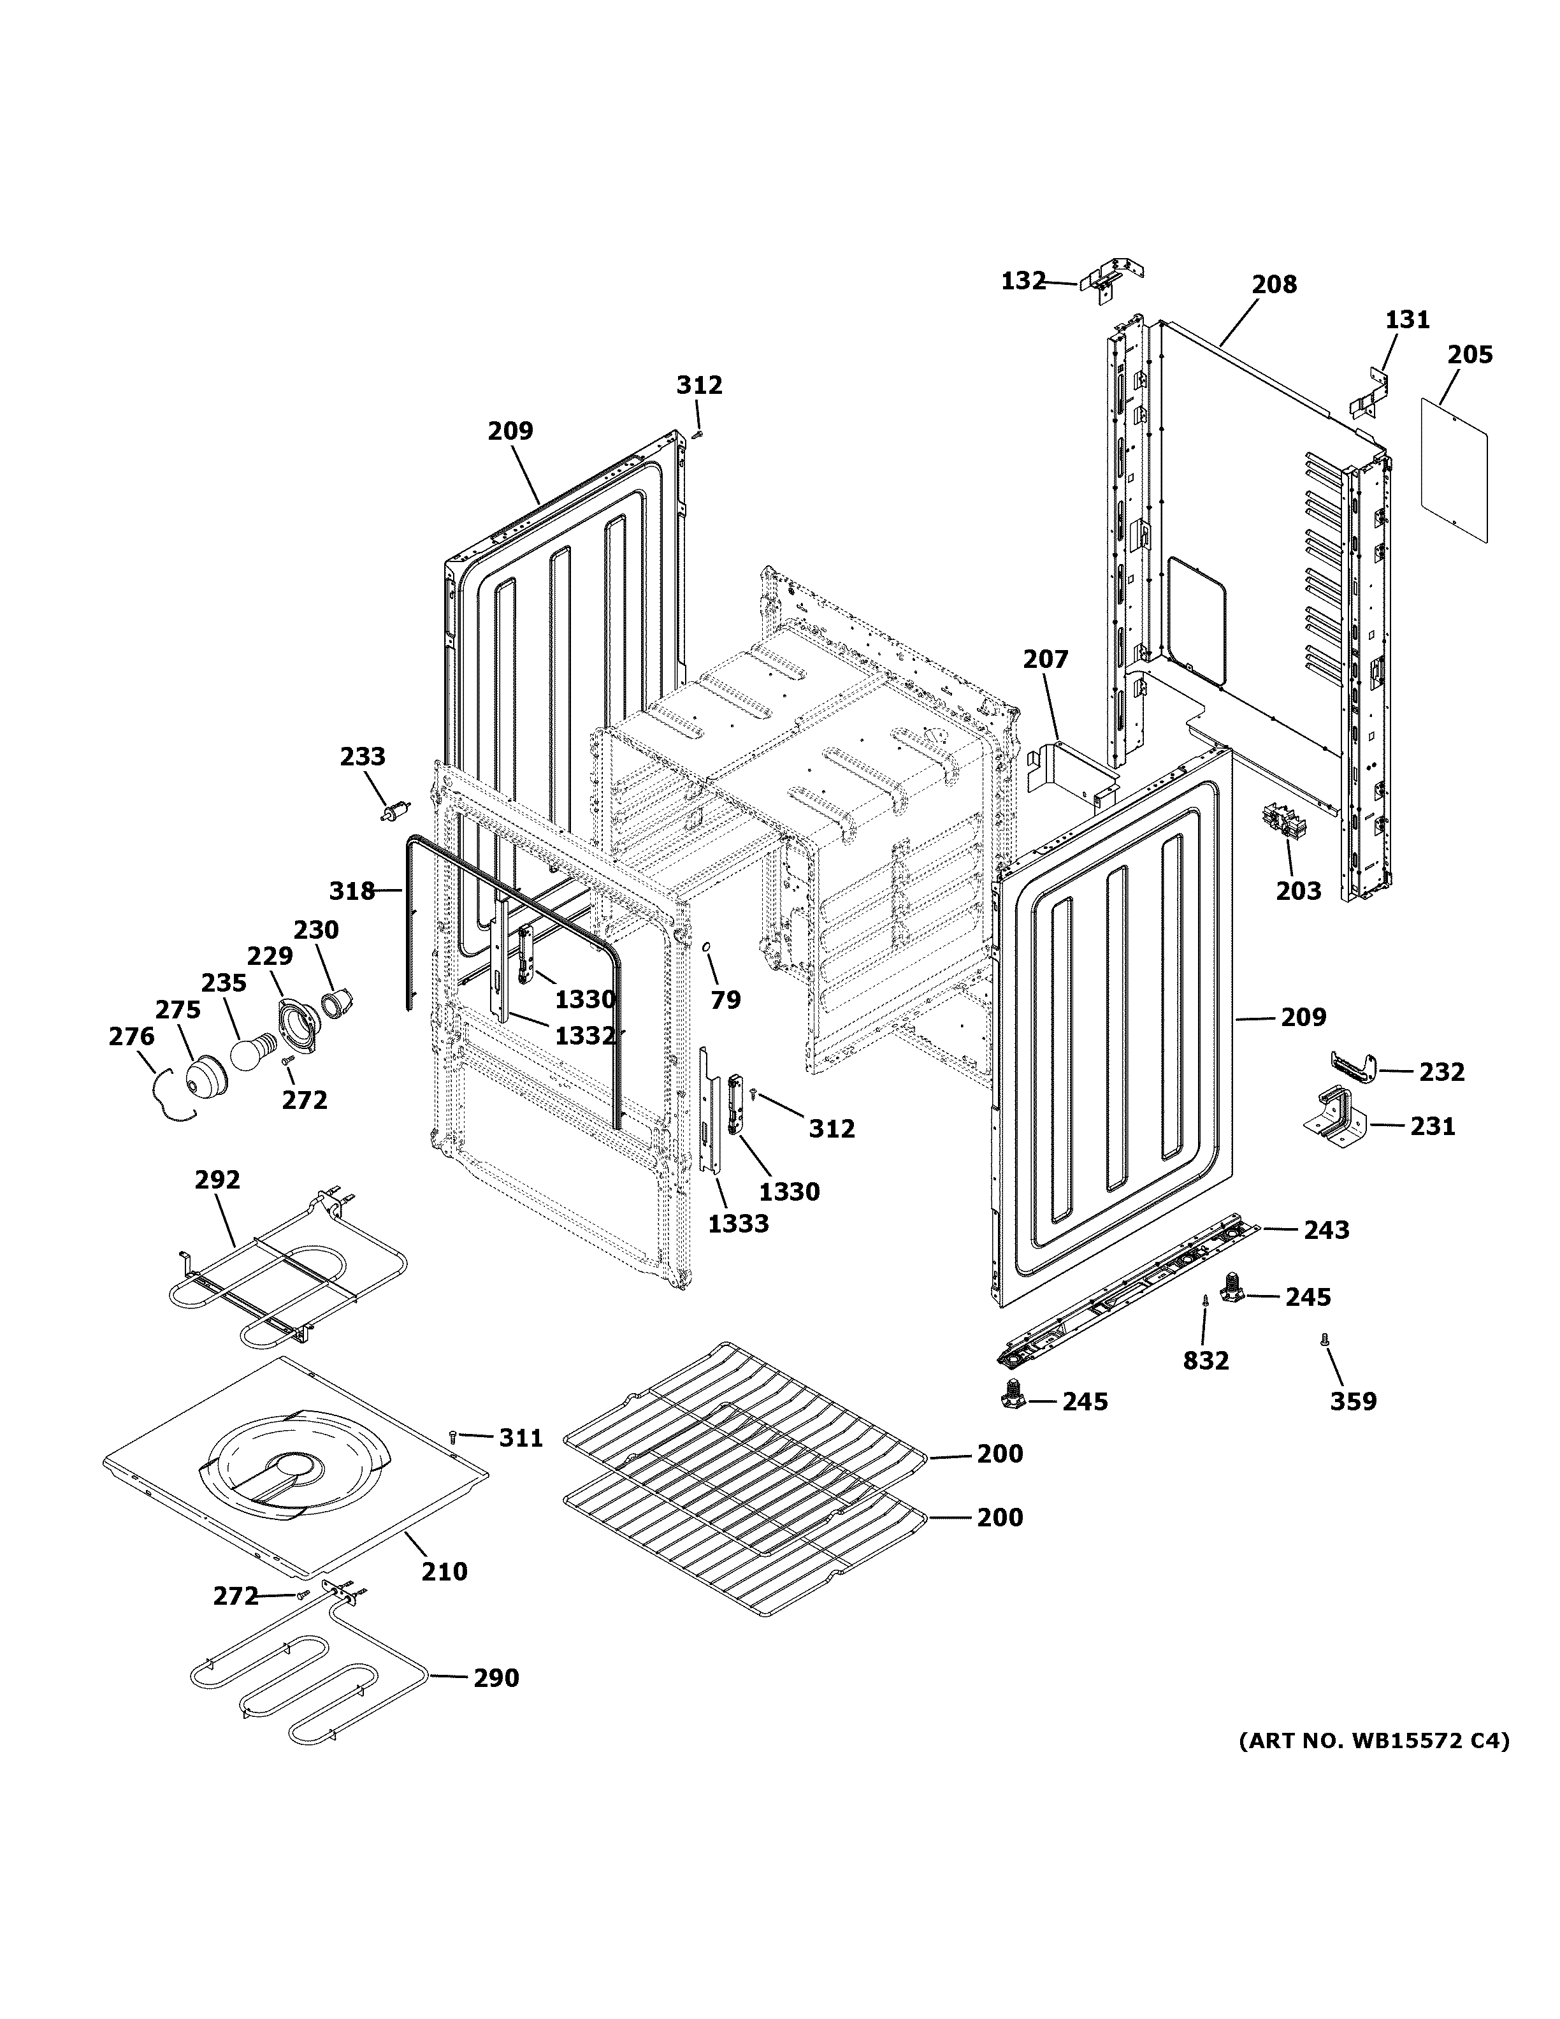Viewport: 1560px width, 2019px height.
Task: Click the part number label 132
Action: [1023, 280]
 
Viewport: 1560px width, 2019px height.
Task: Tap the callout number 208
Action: [1275, 285]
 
